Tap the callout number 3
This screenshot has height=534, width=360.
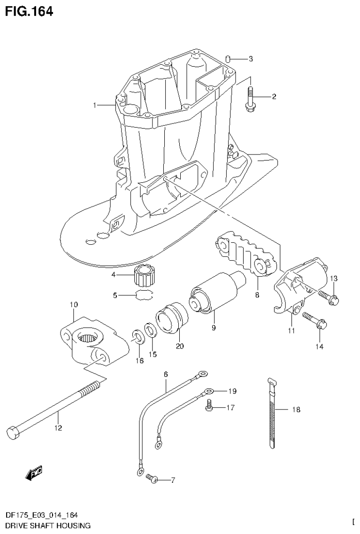[x=251, y=59]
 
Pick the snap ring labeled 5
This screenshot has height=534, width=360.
[x=145, y=295]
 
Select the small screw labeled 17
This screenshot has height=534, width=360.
[x=210, y=408]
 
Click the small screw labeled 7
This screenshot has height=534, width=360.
[x=152, y=479]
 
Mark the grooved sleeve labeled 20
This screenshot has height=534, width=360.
[x=172, y=319]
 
